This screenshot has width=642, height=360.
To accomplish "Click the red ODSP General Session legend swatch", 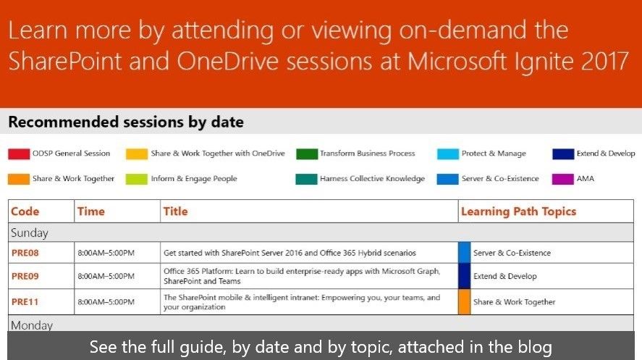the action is (19, 154).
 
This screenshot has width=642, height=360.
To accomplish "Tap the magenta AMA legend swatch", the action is (562, 179).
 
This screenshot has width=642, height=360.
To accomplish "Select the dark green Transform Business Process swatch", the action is (307, 154).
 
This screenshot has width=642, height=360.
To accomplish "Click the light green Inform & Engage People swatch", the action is (136, 179).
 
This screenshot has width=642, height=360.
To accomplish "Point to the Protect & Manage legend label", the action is (494, 154).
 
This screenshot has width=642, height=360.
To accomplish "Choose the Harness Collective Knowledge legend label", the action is (372, 179).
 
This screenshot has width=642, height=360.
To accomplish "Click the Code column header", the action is (25, 212).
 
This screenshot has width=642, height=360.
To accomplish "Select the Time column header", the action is (91, 212).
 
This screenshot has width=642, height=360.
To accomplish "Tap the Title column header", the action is (175, 212).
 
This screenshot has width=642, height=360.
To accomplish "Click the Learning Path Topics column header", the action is (518, 212).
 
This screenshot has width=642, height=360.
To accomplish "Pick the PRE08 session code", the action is (25, 253).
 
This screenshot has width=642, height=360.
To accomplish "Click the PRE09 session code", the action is (25, 276).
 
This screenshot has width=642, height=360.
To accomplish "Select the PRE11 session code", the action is (25, 302).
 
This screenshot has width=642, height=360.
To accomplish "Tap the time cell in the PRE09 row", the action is (106, 276).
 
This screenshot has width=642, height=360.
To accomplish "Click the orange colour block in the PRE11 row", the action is (464, 302).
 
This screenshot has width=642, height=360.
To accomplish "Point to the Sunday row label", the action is (30, 233).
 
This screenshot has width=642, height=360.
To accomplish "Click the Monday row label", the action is (32, 325).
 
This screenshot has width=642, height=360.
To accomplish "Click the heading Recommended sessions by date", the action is (126, 122).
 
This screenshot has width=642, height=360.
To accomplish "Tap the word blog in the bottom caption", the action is (535, 347).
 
